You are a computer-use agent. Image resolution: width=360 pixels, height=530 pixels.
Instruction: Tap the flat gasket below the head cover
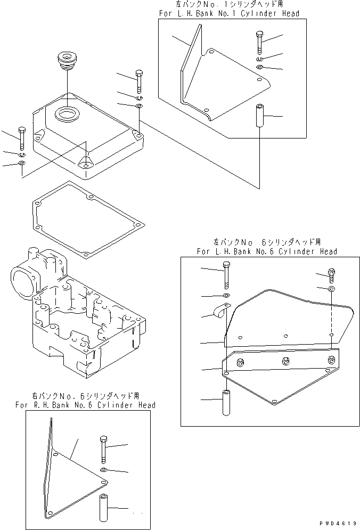85,219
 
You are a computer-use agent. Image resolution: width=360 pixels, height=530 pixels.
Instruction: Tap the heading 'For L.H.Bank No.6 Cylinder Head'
266,251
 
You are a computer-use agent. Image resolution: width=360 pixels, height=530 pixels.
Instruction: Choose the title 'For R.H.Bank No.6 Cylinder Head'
86,405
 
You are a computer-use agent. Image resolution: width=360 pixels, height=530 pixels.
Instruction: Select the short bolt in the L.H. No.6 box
332,275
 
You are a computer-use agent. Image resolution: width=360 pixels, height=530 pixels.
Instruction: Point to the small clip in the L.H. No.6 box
219,312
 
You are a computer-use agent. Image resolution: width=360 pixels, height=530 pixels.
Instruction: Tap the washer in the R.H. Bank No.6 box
103,470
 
